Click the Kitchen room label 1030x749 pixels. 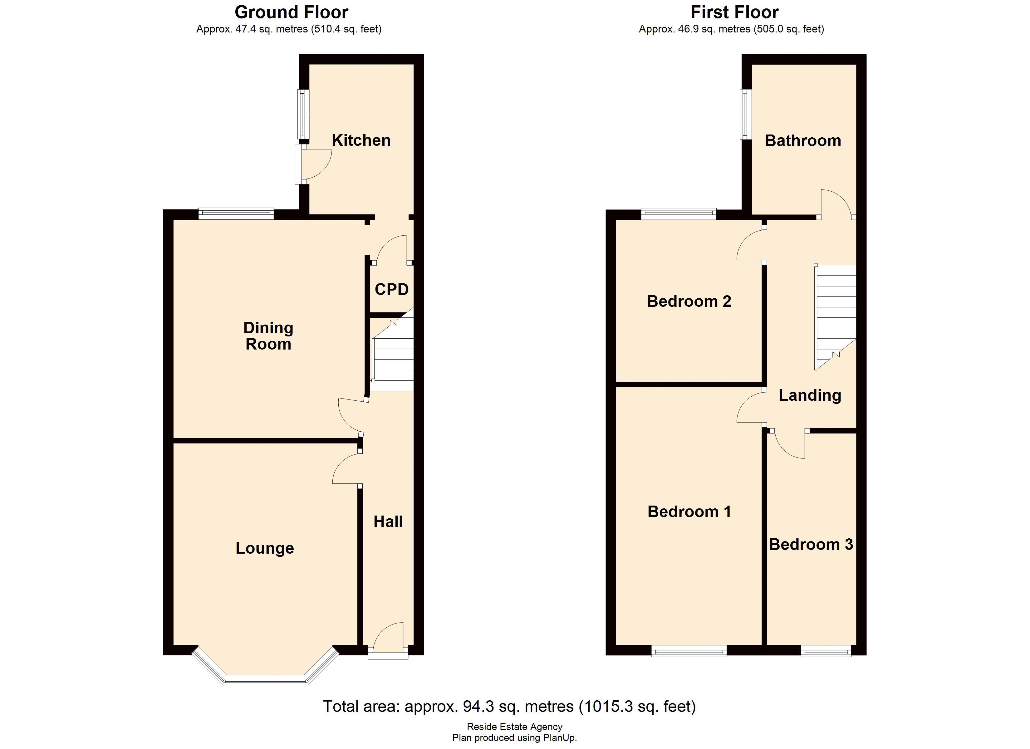tap(361, 140)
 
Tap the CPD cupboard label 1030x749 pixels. tap(391, 289)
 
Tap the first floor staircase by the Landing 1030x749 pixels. tap(836, 313)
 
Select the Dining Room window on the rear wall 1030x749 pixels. tap(236, 213)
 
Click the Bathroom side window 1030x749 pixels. tap(745, 114)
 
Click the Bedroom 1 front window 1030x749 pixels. tap(689, 652)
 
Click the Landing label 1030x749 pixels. tap(810, 395)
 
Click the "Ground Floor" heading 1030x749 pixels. tap(292, 12)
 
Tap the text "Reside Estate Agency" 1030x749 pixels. tap(515, 727)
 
